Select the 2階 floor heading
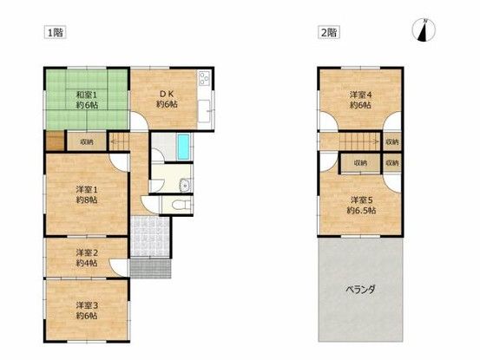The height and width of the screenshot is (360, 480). point(328,32)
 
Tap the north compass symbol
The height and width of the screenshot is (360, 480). point(423,30)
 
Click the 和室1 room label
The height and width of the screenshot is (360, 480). point(84,95)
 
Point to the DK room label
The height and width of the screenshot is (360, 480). point(167,94)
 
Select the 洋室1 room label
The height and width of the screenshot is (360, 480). point(84,188)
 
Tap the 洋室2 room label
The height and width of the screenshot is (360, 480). point(84,252)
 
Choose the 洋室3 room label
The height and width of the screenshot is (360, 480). point(84,304)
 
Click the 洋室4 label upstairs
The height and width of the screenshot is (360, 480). point(359,94)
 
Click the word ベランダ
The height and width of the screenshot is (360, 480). point(360,291)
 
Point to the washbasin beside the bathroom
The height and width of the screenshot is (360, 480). point(184,184)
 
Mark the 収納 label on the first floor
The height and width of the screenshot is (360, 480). point(86,141)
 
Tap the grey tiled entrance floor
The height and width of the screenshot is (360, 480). point(153,235)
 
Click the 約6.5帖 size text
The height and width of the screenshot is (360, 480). point(359,210)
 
